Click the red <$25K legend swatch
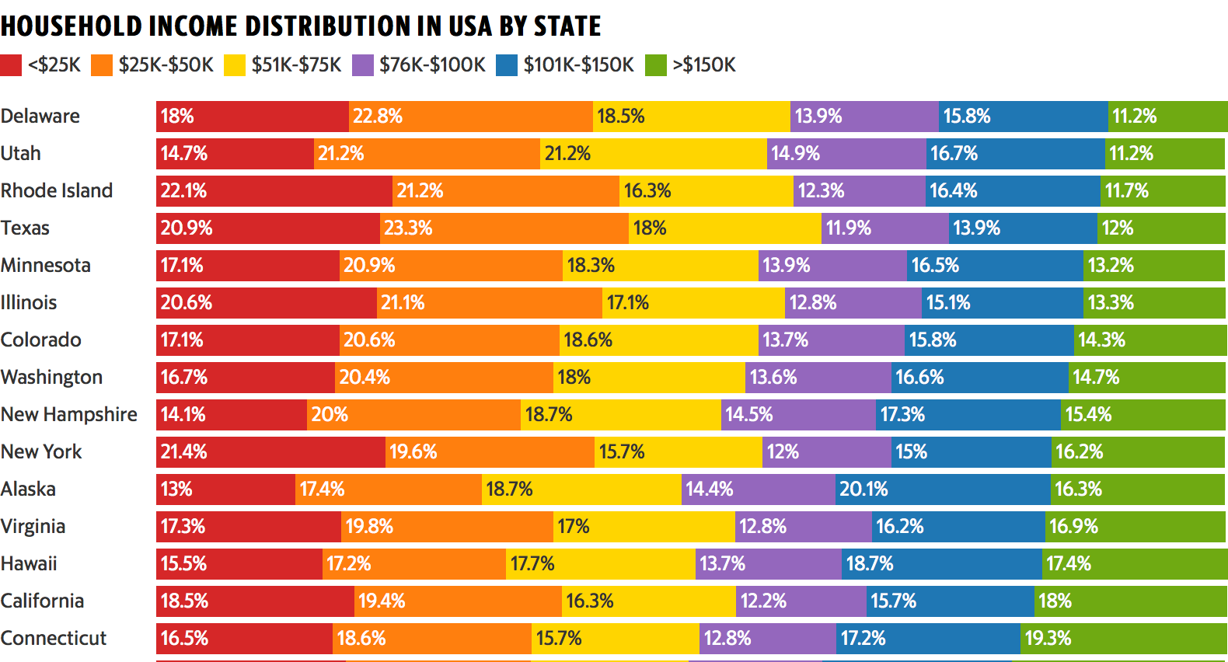click(x=11, y=65)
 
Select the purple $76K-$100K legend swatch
click(x=363, y=65)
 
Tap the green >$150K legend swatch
click(x=656, y=65)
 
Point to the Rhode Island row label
click(x=57, y=190)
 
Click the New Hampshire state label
click(x=69, y=414)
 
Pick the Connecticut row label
click(x=54, y=638)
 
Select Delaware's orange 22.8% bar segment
click(x=470, y=117)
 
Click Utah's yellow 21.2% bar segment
click(x=653, y=154)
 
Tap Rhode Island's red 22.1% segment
click(x=274, y=191)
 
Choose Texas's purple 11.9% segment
click(x=884, y=228)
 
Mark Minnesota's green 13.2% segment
click(x=1154, y=266)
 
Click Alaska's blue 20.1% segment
click(x=943, y=490)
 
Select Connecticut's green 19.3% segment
click(x=1123, y=639)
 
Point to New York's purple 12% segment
click(x=827, y=452)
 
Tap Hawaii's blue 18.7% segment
click(x=941, y=564)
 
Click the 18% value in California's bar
click(x=1055, y=601)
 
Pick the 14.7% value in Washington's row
click(x=1096, y=378)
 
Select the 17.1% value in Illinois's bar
click(x=628, y=303)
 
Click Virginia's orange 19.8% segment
click(x=447, y=527)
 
